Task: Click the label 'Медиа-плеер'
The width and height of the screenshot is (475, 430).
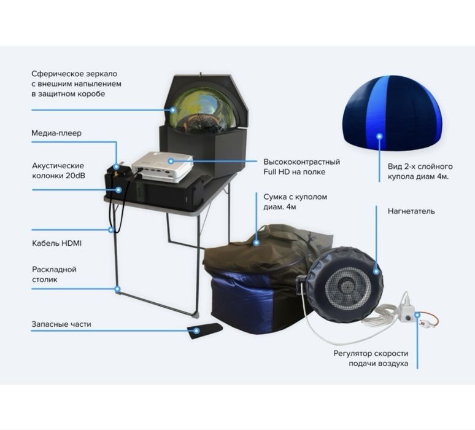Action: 56,133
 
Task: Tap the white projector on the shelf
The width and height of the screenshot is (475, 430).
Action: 163,166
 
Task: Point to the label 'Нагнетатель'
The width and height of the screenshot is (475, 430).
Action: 411,211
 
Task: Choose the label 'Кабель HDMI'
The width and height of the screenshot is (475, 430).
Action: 56,243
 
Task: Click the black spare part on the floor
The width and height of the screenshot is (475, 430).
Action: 204,330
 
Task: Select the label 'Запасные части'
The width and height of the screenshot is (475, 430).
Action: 61,324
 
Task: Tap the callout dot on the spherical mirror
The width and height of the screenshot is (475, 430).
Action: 173,110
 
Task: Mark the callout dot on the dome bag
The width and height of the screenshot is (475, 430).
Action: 257,242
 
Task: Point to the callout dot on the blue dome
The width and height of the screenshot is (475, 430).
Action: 379,136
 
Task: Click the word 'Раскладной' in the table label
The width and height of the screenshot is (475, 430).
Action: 54,270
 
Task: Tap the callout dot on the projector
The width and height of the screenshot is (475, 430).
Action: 171,161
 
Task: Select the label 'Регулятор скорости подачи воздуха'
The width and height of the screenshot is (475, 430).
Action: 371,358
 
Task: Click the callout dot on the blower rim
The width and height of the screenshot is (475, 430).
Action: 376,271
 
